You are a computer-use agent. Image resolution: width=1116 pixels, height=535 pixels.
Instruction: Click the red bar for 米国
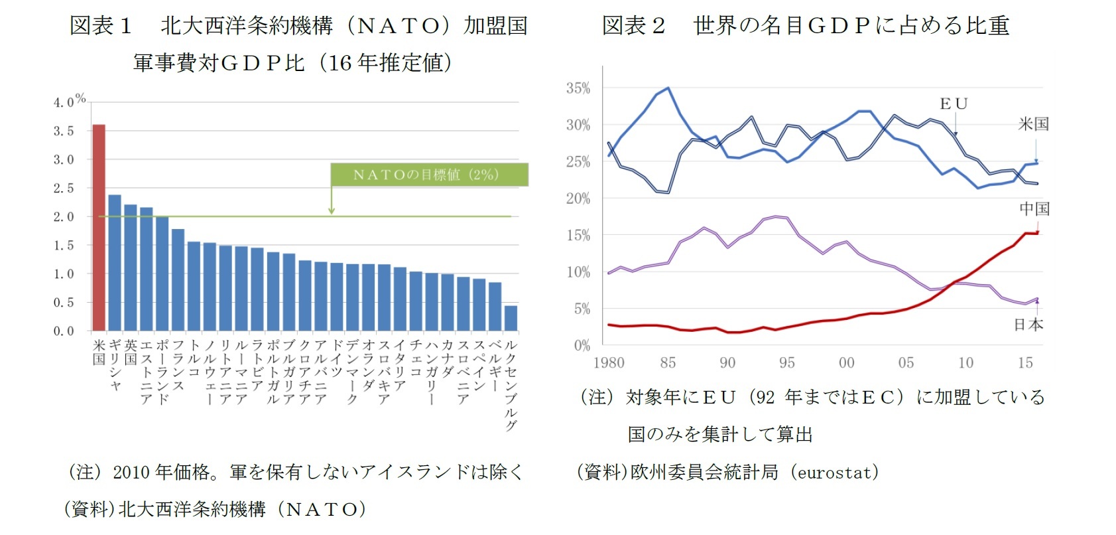coord(99,227)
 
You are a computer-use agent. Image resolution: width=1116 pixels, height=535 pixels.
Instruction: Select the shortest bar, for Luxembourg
coord(511,318)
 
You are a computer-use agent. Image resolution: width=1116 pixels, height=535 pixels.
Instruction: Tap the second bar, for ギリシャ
coord(115,262)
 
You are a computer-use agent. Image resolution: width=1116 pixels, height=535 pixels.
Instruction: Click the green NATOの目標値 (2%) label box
coord(429,175)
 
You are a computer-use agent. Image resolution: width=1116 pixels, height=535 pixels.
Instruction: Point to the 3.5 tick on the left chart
coord(64,131)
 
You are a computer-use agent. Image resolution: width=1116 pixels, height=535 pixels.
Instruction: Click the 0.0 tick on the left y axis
coord(64,331)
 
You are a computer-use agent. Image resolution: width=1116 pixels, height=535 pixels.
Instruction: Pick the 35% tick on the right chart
coord(578,88)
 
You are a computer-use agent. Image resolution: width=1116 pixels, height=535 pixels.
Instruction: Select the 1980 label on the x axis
coord(609,362)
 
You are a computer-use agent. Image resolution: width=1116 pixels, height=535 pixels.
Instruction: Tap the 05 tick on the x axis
coord(906,362)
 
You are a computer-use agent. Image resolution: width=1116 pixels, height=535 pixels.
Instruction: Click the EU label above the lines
coord(954,104)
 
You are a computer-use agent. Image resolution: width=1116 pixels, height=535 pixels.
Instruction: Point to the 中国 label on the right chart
coord(1034,208)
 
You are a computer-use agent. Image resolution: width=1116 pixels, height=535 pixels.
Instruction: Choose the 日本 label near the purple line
coord(1028,325)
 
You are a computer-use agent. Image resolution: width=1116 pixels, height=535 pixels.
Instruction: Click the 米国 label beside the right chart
coord(1033,124)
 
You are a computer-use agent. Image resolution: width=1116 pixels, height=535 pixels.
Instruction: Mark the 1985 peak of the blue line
coord(668,88)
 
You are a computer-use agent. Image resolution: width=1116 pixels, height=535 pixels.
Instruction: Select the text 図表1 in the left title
coord(101,26)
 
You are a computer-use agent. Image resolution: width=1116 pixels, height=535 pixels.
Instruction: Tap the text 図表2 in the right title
coord(633,26)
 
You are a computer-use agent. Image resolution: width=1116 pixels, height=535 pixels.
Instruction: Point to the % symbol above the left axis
coord(80,98)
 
